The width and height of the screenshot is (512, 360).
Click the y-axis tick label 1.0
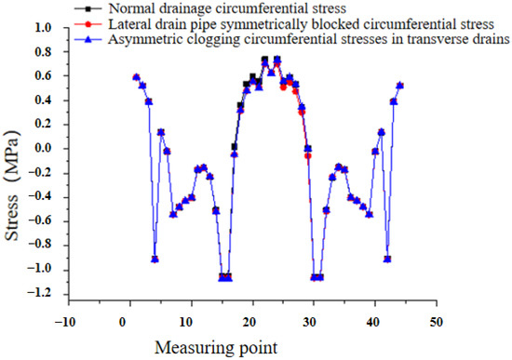pyautogui.click(x=42, y=28)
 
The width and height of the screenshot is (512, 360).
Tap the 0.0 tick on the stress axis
pyautogui.click(x=42, y=149)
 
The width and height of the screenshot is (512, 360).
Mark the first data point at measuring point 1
pyautogui.click(x=136, y=77)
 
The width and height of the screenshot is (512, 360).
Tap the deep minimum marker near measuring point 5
pyautogui.click(x=155, y=259)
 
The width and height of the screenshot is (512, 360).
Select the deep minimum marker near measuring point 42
pyautogui.click(x=387, y=259)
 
